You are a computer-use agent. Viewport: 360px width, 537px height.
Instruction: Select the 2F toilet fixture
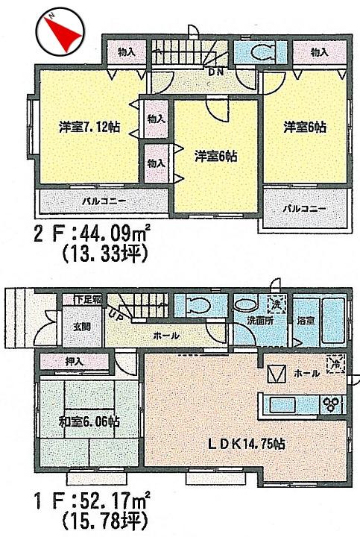coord(262,51)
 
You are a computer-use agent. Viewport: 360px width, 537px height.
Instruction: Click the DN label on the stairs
coord(216,72)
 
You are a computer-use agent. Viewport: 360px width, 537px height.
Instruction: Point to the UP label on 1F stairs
coord(117,314)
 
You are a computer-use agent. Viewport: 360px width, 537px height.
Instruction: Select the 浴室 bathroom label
coord(306,320)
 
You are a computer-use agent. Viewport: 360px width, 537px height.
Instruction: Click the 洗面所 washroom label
coord(259,321)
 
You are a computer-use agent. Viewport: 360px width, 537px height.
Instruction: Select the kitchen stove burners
coord(330,404)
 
